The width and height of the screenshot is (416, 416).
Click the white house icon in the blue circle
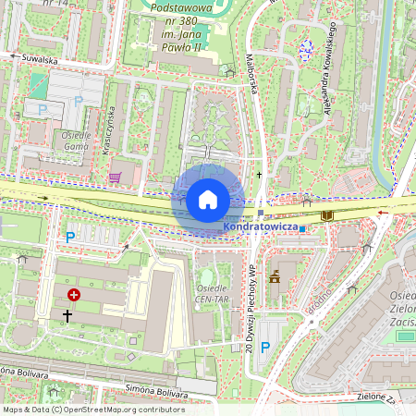click(208, 199)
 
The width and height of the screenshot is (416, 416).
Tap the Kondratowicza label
click(260, 226)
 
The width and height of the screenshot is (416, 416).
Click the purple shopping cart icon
click(115, 177)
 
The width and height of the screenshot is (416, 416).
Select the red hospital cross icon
click(74, 294)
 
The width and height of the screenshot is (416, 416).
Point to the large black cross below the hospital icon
click(67, 315)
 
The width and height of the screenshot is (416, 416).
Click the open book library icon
click(326, 215)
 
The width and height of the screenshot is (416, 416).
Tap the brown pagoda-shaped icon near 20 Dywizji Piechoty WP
click(274, 275)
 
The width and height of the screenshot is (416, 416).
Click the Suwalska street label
click(41, 59)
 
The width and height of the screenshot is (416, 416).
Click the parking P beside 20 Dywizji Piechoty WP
click(265, 347)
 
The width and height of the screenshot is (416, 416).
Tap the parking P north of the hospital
click(70, 237)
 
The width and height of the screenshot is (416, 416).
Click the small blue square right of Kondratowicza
click(302, 227)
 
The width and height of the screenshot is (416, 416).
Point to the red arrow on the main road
click(384, 212)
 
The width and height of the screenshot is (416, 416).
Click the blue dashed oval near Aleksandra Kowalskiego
click(306, 49)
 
